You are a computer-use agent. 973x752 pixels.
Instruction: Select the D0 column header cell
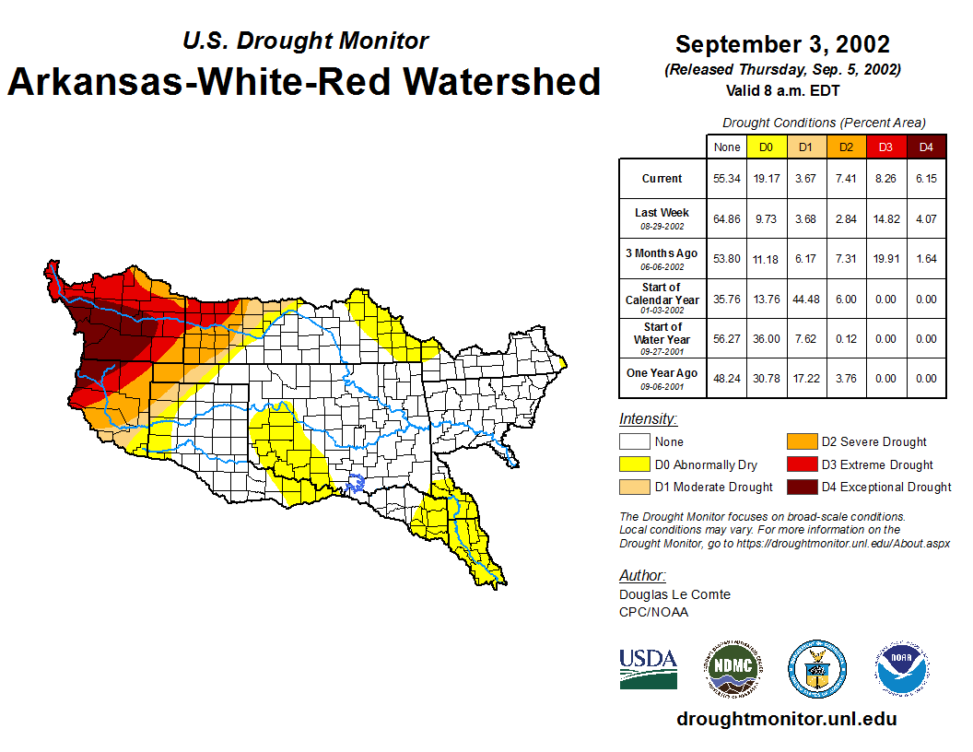[x=766, y=147]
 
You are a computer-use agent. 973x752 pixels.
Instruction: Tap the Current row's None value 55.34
[x=727, y=179]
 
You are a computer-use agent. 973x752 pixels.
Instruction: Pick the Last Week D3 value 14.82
[x=885, y=218]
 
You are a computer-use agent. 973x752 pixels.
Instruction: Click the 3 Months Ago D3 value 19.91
[x=885, y=259]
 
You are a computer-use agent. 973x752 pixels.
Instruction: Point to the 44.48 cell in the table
[x=805, y=300]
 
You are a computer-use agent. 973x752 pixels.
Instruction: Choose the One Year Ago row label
[x=662, y=373]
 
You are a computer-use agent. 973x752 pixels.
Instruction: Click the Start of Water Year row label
[x=662, y=334]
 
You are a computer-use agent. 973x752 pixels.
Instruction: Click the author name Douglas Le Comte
[x=674, y=594]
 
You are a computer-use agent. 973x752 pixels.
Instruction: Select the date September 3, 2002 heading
[x=782, y=44]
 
